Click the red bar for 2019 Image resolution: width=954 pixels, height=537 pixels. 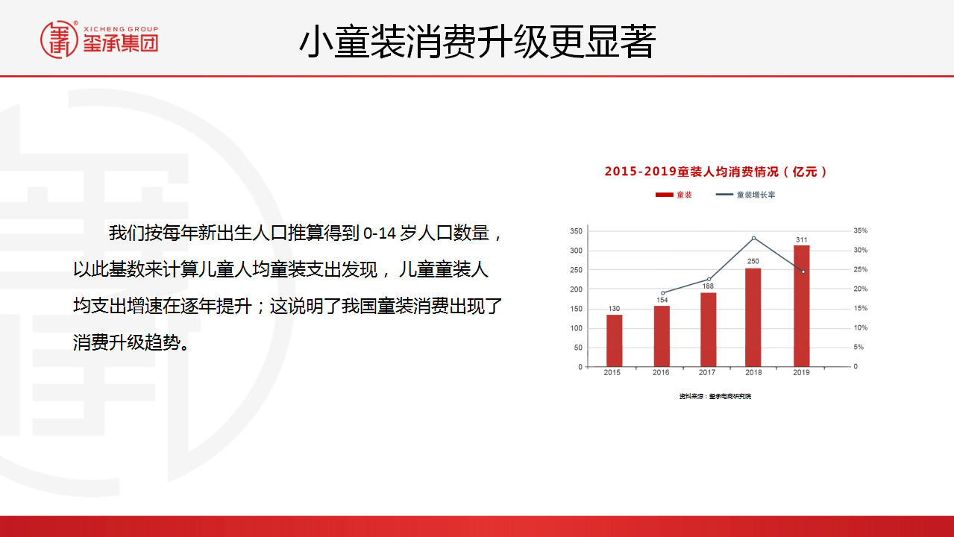point(802,306)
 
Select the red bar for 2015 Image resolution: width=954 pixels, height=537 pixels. point(614,341)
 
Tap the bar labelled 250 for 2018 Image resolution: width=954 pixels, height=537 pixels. point(753,317)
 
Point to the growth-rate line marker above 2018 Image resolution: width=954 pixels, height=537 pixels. point(753,238)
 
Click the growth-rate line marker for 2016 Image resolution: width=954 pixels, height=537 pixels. point(662,293)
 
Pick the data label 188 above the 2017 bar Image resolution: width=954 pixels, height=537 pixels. point(708,286)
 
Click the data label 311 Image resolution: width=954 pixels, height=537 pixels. point(802,239)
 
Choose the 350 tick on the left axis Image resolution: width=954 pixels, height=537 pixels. point(576,231)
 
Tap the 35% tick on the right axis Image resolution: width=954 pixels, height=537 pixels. point(860,230)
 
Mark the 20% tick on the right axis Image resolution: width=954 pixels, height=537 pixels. point(860,289)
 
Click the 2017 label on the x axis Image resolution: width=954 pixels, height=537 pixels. point(707,373)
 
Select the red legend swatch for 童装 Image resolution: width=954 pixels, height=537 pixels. point(664,195)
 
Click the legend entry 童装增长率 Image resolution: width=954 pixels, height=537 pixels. point(756,195)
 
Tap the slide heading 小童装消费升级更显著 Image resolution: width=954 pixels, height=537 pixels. point(477,41)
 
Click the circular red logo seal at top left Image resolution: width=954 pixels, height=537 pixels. point(59,40)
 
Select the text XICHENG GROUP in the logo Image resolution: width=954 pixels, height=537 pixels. point(121,29)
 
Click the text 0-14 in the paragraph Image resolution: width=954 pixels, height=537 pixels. point(380,233)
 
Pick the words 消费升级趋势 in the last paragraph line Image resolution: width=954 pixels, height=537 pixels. point(127,342)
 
